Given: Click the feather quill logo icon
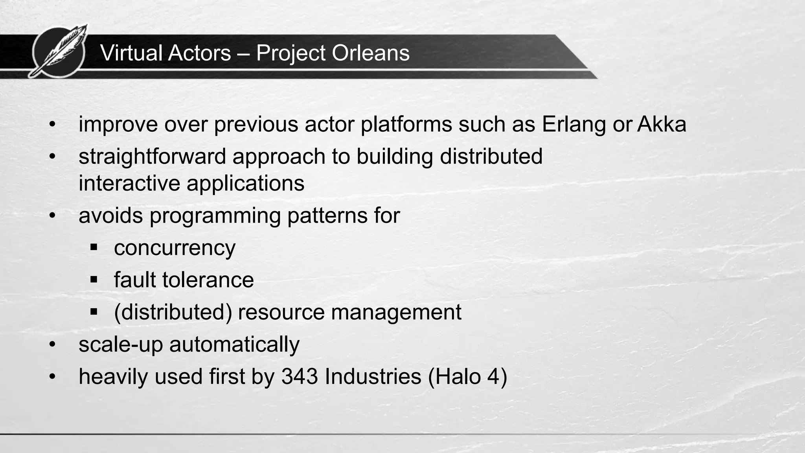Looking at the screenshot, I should coord(59,51).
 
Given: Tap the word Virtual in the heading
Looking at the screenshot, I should coord(132,53).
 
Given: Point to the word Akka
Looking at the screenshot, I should coord(662,124).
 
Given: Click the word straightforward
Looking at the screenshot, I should coord(152,157).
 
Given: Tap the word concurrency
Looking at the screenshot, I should coord(175,248).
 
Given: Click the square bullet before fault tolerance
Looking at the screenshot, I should coord(94,280).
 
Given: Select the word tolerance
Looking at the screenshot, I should coord(208,280).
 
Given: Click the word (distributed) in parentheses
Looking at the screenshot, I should coord(173,312).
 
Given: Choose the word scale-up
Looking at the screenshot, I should coord(120,344).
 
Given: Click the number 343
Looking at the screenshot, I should coord(300,376).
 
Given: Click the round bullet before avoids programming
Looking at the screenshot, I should coord(53,216).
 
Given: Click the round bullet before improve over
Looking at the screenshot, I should coord(53,125).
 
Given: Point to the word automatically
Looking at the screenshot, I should coord(234,344).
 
